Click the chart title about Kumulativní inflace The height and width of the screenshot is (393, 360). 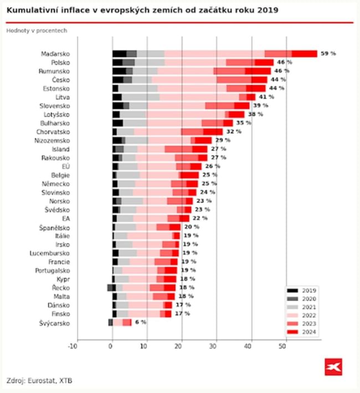142,11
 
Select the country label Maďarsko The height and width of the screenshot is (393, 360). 55,54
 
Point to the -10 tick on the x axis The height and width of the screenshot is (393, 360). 73,347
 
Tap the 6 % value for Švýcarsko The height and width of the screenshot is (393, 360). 141,322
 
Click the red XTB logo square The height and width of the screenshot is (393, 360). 333,366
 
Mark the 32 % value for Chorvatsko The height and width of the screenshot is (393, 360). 234,132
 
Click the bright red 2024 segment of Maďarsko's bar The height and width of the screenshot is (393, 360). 304,54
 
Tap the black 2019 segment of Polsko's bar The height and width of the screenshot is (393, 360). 117,63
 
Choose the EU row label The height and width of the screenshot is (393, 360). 65,166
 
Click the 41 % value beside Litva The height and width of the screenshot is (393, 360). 266,97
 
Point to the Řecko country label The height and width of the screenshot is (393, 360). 60,288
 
